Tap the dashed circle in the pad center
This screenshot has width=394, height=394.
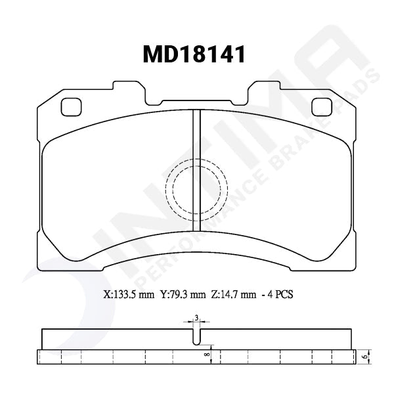click(196, 189)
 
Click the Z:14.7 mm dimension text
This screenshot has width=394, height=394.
click(234, 295)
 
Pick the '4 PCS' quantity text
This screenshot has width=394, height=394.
click(278, 295)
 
